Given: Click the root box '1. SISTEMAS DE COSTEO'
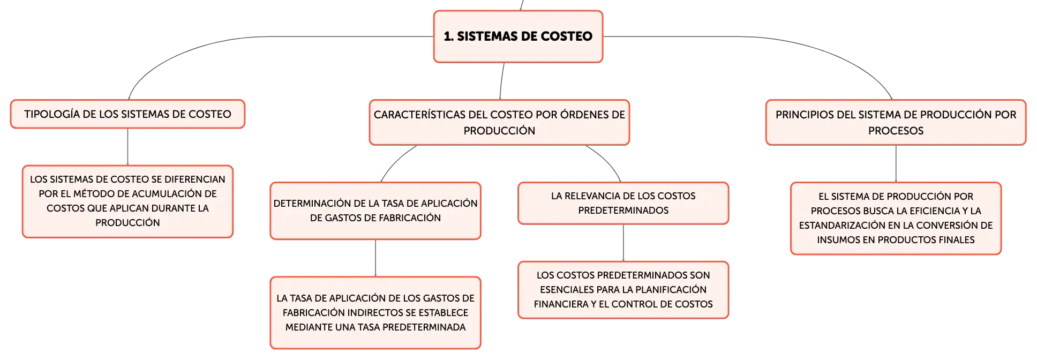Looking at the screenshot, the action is coord(518,36).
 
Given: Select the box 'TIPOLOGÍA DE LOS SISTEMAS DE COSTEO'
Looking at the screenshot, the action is coord(127,114).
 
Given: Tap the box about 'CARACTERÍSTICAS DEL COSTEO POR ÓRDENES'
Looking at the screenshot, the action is coord(499,122).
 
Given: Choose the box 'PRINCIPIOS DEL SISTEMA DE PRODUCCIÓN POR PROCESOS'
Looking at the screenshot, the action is coord(896,122).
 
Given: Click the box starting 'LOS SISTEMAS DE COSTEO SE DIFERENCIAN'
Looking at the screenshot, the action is coord(127,201).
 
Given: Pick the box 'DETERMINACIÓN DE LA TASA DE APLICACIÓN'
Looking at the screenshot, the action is coord(375,211).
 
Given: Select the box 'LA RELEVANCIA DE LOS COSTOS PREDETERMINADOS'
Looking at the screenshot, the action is coord(623,203).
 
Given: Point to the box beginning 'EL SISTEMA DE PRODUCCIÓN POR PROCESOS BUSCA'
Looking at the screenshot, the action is coord(896,218).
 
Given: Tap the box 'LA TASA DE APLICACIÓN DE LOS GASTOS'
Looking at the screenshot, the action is coord(375,312).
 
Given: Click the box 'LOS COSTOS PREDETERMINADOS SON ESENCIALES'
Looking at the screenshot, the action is coord(623,290).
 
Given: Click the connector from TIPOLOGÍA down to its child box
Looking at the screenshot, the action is coord(127,147).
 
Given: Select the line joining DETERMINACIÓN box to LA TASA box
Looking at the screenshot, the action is coord(375,258).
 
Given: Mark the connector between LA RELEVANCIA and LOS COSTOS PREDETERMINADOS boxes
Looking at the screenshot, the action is coord(623,243).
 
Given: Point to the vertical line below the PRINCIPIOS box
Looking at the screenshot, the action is coord(896,164).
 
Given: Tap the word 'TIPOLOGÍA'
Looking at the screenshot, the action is coord(52,114).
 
